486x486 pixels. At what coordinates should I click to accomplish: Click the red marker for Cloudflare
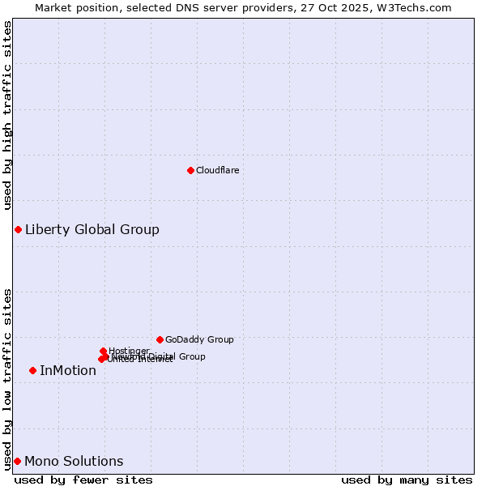[190, 170]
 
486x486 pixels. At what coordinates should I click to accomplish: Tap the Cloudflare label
[217, 170]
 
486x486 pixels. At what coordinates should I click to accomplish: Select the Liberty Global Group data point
[18, 229]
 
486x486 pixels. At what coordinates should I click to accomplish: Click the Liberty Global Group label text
[92, 229]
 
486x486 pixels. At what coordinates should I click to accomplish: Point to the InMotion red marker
[32, 370]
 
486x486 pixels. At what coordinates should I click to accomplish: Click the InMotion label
[68, 371]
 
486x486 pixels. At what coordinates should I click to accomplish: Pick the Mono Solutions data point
[17, 461]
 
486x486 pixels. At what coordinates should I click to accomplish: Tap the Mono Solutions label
[74, 462]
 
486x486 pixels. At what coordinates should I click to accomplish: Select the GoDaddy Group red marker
[160, 339]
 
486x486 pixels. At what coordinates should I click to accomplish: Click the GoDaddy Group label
[199, 339]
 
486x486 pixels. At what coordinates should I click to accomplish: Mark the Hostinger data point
[103, 351]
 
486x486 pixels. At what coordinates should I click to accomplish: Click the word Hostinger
[129, 351]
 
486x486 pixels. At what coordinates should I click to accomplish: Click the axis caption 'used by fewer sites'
[83, 480]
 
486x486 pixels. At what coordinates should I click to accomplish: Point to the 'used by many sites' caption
[407, 480]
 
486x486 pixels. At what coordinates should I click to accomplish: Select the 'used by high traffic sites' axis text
[7, 116]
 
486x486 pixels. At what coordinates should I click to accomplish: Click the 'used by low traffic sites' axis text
[7, 379]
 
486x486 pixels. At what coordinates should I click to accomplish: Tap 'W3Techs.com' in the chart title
[417, 7]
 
